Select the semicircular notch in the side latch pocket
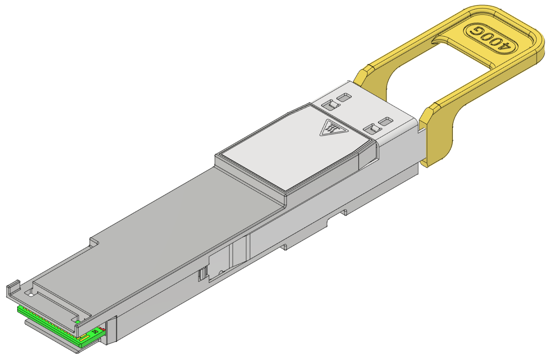coord(220,272)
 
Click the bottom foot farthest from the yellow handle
coord(284,247)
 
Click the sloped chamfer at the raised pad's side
coord(366,158)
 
